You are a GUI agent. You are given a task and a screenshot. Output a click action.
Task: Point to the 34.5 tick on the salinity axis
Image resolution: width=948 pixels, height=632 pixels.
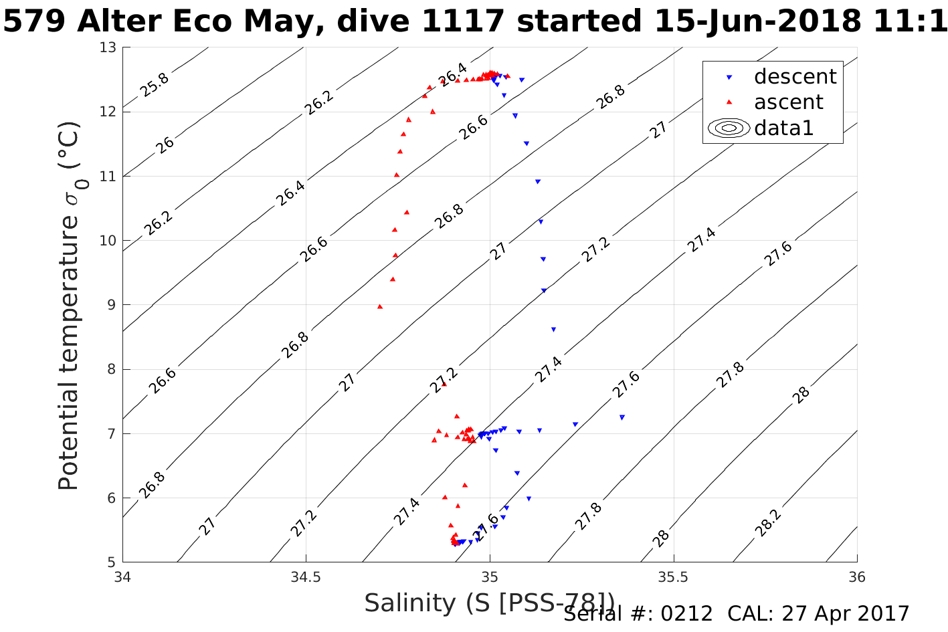[x=306, y=576]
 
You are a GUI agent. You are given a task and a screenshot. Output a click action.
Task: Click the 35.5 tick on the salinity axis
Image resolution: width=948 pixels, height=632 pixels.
[x=673, y=576]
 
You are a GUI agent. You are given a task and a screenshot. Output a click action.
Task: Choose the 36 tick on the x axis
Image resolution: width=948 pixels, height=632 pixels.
[x=856, y=576]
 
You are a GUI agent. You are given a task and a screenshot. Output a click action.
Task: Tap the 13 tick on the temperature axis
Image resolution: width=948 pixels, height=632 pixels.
[x=108, y=47]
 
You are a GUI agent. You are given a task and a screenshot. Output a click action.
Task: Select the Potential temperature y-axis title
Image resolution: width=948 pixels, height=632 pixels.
[x=69, y=306]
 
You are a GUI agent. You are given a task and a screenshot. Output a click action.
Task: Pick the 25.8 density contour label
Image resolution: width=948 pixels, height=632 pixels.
[x=155, y=85]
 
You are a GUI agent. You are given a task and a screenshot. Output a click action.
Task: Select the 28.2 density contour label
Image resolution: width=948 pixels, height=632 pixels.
[x=767, y=524]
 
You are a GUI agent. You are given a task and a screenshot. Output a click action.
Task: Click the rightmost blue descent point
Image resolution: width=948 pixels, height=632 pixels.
[x=622, y=417]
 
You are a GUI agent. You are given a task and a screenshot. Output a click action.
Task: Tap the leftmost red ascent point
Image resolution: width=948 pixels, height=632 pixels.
[x=380, y=306]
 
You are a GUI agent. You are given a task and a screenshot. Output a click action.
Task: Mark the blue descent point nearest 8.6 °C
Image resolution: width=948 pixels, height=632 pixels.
[x=553, y=329]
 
